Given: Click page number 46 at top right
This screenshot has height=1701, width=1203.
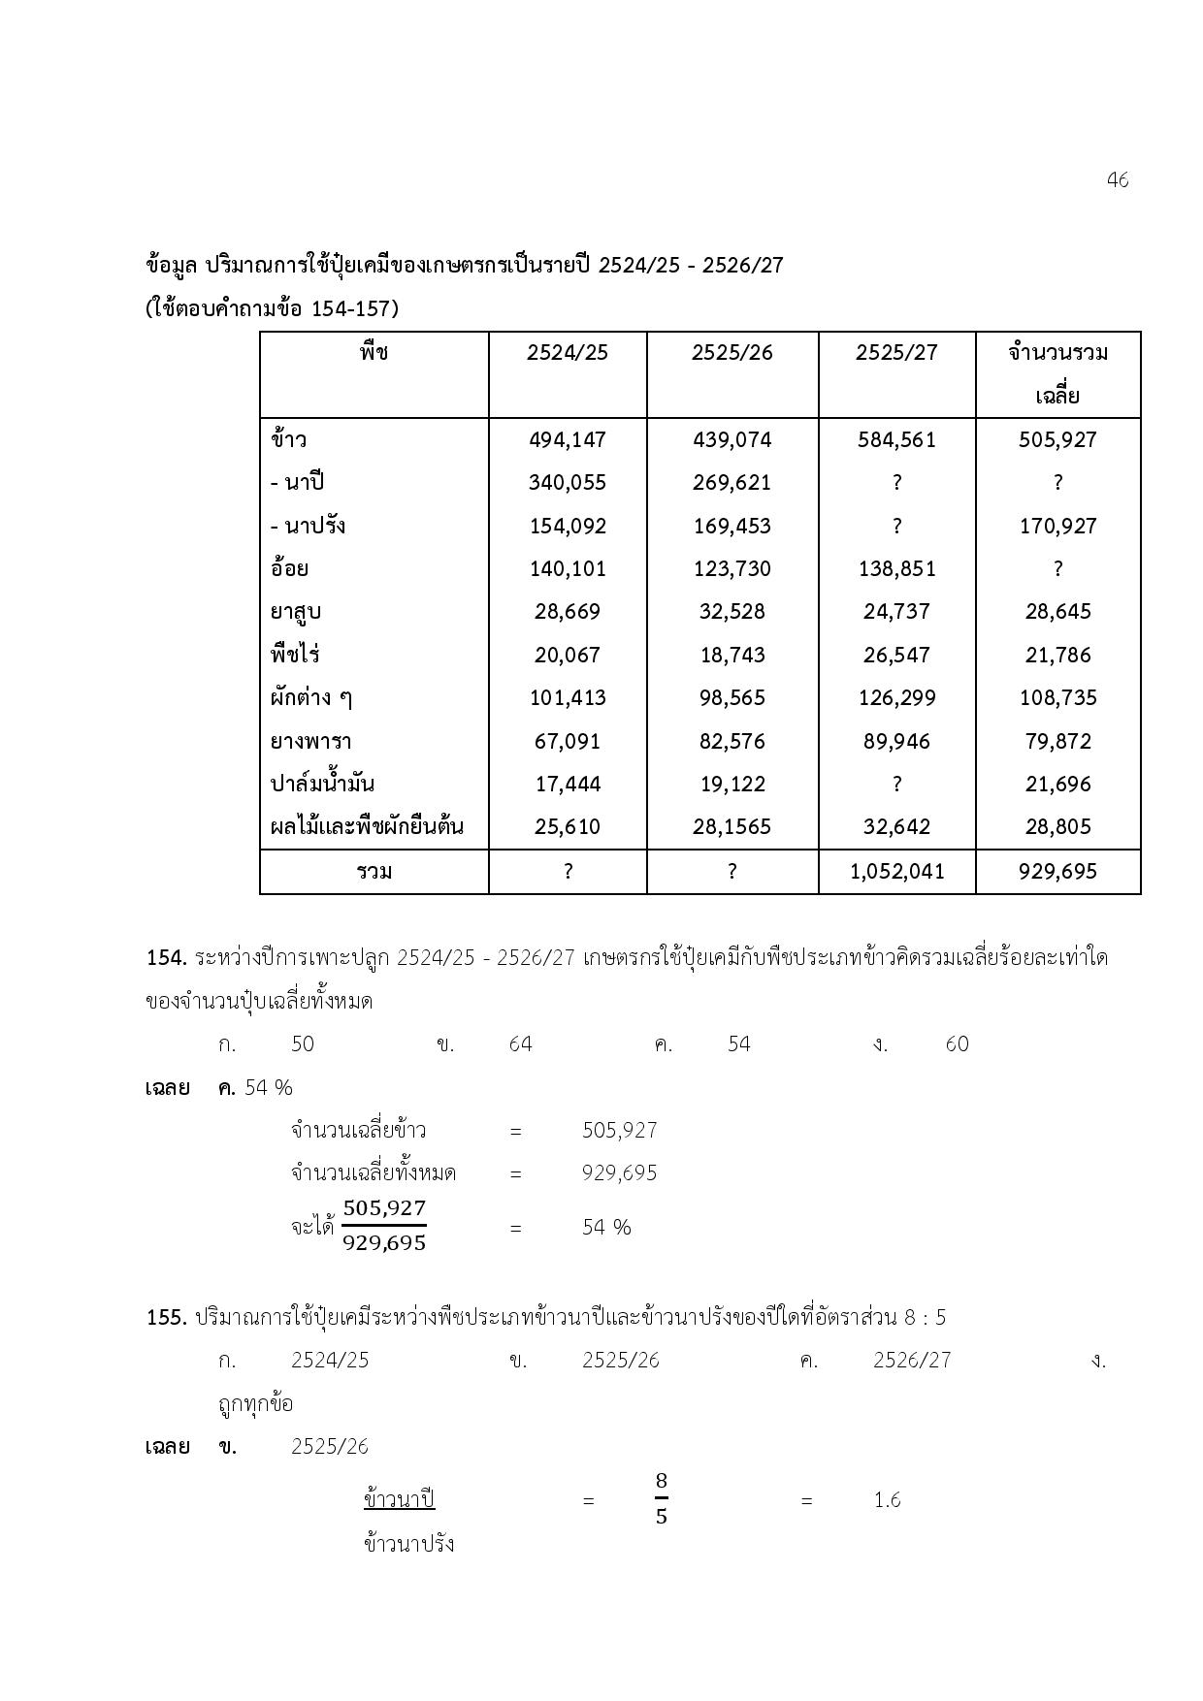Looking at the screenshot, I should point(1117,180).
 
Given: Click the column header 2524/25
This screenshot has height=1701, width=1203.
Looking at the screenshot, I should point(568,353).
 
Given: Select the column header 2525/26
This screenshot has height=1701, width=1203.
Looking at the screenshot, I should point(732,353).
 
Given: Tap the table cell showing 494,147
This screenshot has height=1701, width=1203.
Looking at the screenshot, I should point(568,440).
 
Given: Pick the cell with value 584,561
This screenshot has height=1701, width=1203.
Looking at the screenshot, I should point(896,440).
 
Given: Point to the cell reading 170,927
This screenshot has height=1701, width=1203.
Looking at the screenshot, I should point(1057,527).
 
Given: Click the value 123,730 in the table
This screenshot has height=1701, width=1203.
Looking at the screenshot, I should point(732,569).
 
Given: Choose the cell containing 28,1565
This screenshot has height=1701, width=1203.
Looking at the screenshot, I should point(732,827).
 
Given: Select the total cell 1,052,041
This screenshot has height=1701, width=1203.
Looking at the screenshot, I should point(896,872).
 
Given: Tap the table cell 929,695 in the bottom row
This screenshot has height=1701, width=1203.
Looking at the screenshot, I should point(1057,872).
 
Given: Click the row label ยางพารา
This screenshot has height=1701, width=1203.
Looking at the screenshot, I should point(310,742).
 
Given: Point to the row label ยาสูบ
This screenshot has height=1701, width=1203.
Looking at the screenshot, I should point(296,612).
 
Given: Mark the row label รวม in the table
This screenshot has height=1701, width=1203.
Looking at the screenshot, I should point(374,872).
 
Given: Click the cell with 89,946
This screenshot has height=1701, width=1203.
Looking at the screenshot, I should point(896,742).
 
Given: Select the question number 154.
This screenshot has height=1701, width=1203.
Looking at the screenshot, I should point(166,958).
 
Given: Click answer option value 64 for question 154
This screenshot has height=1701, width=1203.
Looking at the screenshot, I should point(520,1044).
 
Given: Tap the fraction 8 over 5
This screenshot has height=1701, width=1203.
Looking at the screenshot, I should point(662,1499).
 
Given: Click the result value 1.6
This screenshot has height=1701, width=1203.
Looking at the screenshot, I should point(887,1500).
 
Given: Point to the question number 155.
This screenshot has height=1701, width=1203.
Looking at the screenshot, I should point(166,1318).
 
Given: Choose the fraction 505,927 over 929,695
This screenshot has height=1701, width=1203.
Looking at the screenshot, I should point(384,1226).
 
